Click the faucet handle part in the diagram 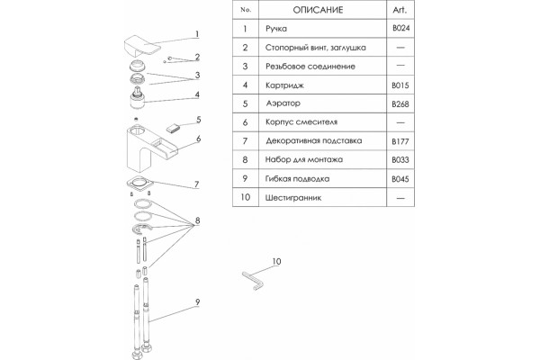[x=141, y=46]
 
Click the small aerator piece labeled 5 [x=173, y=129]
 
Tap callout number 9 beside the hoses [x=197, y=302]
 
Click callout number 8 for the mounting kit [x=197, y=220]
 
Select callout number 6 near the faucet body [x=198, y=139]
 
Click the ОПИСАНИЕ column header [x=318, y=10]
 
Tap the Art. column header [x=400, y=10]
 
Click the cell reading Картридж [x=284, y=85]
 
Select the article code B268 [x=400, y=104]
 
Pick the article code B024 [x=400, y=28]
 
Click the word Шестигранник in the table [x=293, y=198]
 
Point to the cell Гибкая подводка [x=297, y=179]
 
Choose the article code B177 [x=400, y=141]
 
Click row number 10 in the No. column [x=245, y=197]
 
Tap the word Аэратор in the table [x=283, y=103]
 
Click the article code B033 [x=400, y=160]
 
